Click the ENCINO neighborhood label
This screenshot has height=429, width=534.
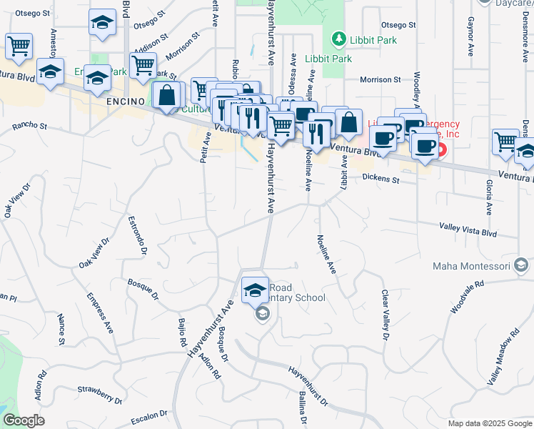point(126,102)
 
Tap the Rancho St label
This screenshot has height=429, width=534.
point(29,127)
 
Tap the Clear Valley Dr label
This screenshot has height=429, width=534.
point(385,315)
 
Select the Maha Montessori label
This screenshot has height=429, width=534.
point(471,267)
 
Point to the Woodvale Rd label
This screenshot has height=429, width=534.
point(468,297)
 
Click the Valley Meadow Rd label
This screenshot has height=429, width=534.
point(504,360)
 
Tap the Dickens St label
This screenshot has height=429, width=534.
point(381,178)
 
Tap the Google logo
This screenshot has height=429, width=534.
point(24,420)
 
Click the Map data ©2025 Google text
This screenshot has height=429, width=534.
point(490,423)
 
